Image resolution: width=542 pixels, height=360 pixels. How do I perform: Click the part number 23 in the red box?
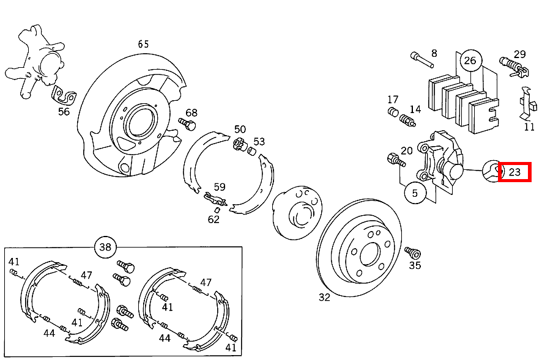[x=514, y=172]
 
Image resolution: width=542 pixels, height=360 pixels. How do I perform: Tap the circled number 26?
[x=470, y=61]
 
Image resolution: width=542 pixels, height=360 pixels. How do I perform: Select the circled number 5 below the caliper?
[x=415, y=193]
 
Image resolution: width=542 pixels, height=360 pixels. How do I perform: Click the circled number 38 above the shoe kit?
[x=105, y=247]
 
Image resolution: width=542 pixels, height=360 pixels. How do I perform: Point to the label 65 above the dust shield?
[x=143, y=44]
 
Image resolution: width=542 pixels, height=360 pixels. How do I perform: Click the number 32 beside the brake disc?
[x=324, y=297]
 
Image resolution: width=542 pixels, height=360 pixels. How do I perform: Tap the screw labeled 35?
[x=413, y=252]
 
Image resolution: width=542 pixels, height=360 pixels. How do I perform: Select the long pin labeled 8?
[x=422, y=60]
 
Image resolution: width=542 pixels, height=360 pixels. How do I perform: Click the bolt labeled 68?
[x=187, y=123]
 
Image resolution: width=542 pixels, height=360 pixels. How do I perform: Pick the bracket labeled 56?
[x=64, y=95]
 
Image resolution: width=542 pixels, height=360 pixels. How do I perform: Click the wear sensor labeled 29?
[x=514, y=67]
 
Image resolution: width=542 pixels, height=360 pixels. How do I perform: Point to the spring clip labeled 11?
[x=528, y=104]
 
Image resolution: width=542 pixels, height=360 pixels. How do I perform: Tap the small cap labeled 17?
[x=393, y=112]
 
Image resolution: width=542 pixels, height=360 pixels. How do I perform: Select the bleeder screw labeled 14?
[x=407, y=120]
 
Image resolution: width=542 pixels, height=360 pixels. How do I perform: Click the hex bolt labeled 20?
[x=396, y=160]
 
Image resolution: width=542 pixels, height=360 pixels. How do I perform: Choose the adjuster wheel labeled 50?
[x=239, y=144]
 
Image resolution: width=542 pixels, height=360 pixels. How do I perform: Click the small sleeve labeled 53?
[x=251, y=151]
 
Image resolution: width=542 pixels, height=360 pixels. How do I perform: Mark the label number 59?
[x=220, y=187]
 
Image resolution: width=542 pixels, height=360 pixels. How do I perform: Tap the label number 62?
[x=213, y=219]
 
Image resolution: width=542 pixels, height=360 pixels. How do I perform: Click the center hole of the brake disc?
[x=370, y=254]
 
